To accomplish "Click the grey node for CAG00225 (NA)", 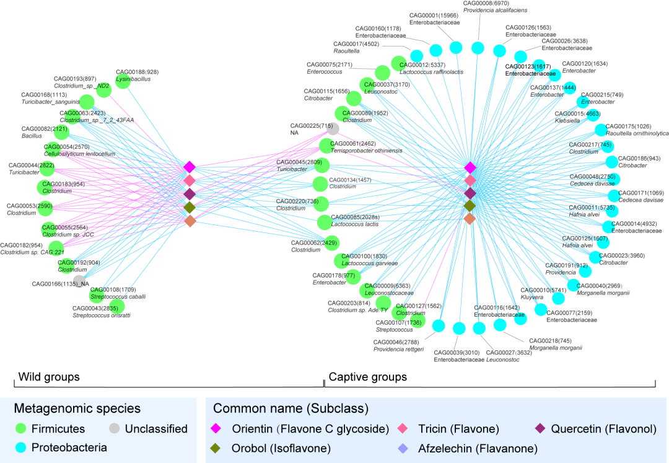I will click(x=333, y=129).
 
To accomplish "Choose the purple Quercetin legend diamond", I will click(x=540, y=428).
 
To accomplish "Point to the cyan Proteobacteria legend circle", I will click(x=22, y=448).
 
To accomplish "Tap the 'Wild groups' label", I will click(x=49, y=377).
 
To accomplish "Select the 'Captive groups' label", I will click(x=367, y=377).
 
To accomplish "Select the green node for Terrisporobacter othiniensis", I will click(x=328, y=146).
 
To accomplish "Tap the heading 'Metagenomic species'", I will click(x=77, y=408).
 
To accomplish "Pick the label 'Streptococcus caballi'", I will click(x=118, y=296).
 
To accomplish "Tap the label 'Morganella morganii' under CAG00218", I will click(x=555, y=348).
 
